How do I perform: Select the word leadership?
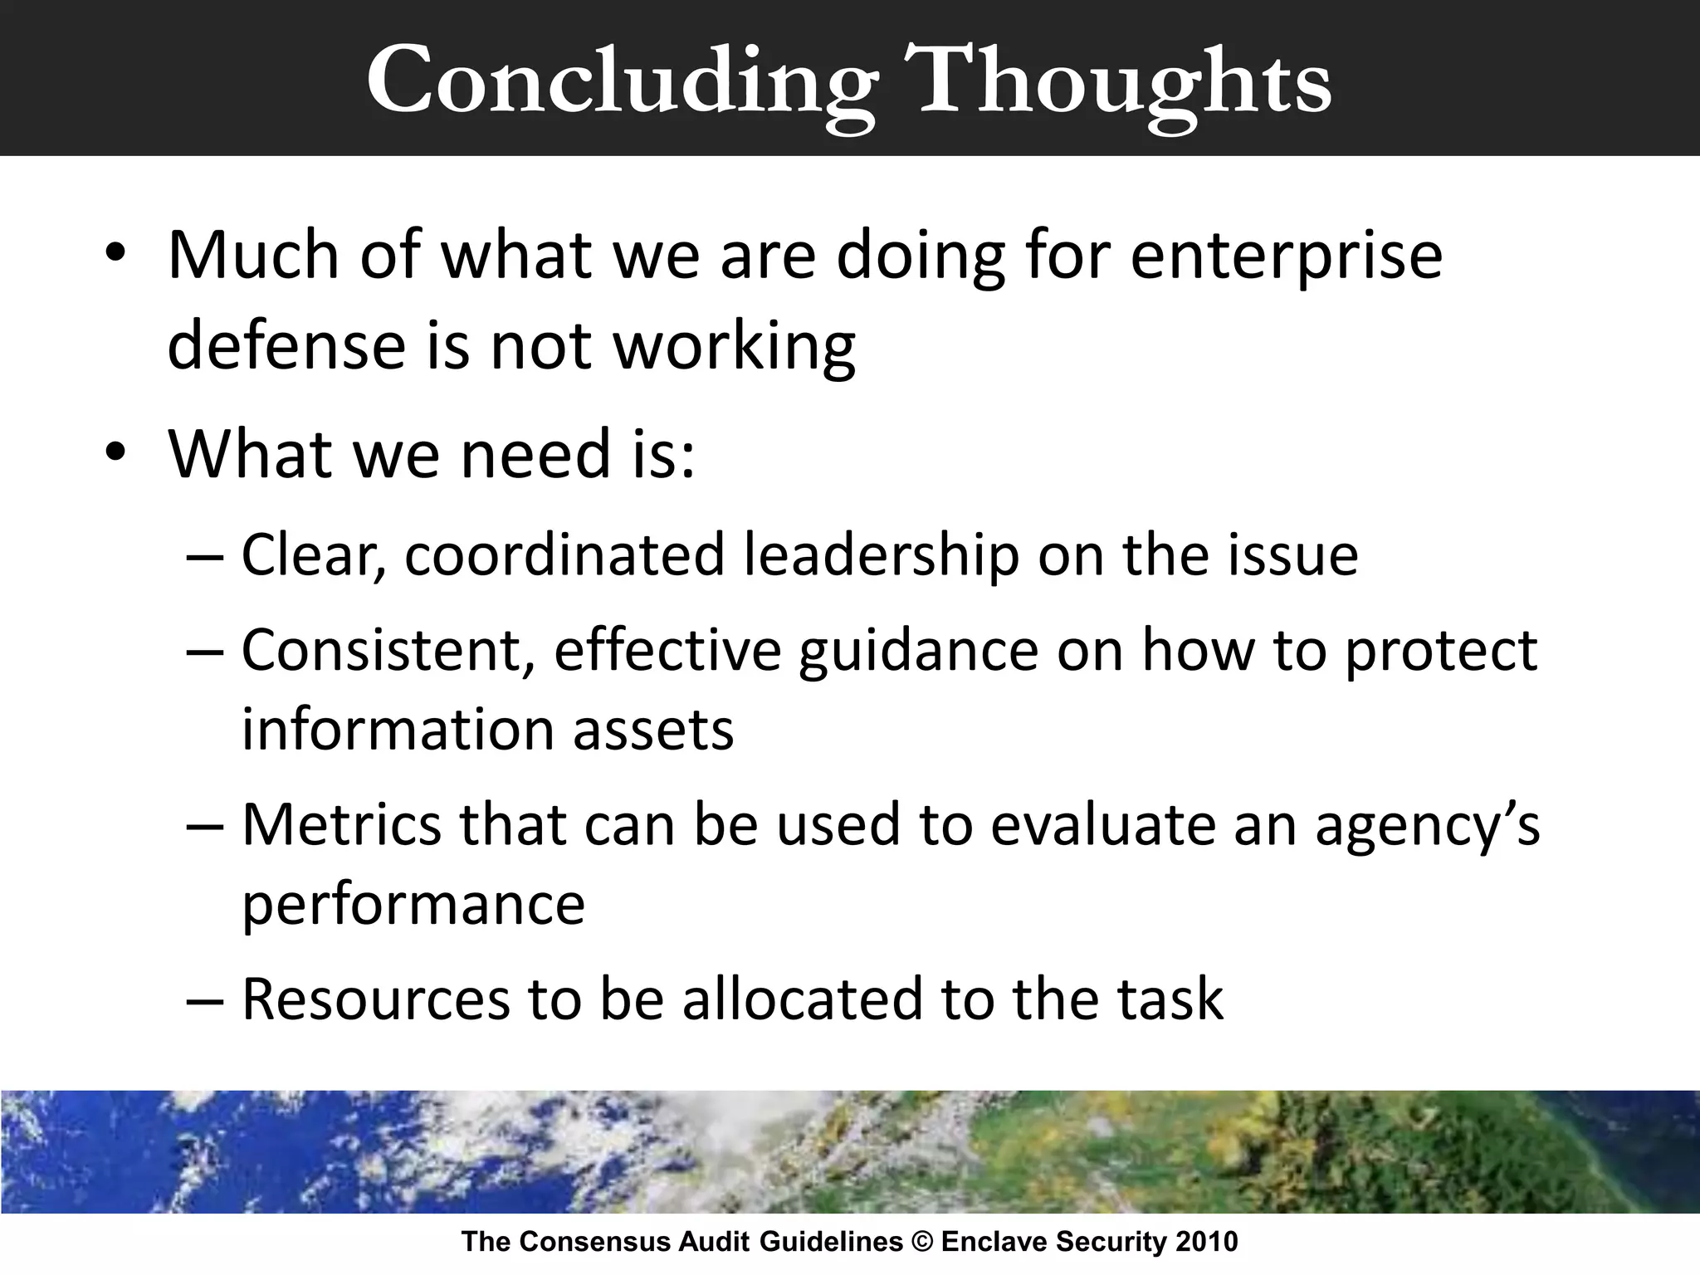[881, 555]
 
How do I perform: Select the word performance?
[413, 905]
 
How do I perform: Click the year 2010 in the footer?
[1208, 1242]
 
